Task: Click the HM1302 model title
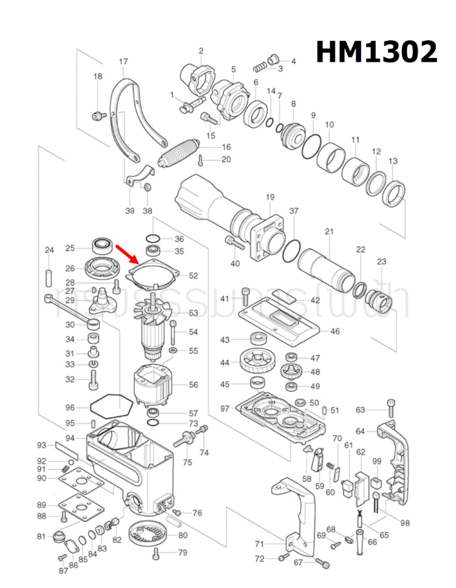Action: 376,51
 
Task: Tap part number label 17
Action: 123,62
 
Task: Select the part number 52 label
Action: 193,276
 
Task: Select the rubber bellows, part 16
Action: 183,154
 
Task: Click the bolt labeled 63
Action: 390,407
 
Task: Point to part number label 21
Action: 329,232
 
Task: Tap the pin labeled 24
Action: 49,273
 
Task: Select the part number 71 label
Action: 259,544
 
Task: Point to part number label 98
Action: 405,522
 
